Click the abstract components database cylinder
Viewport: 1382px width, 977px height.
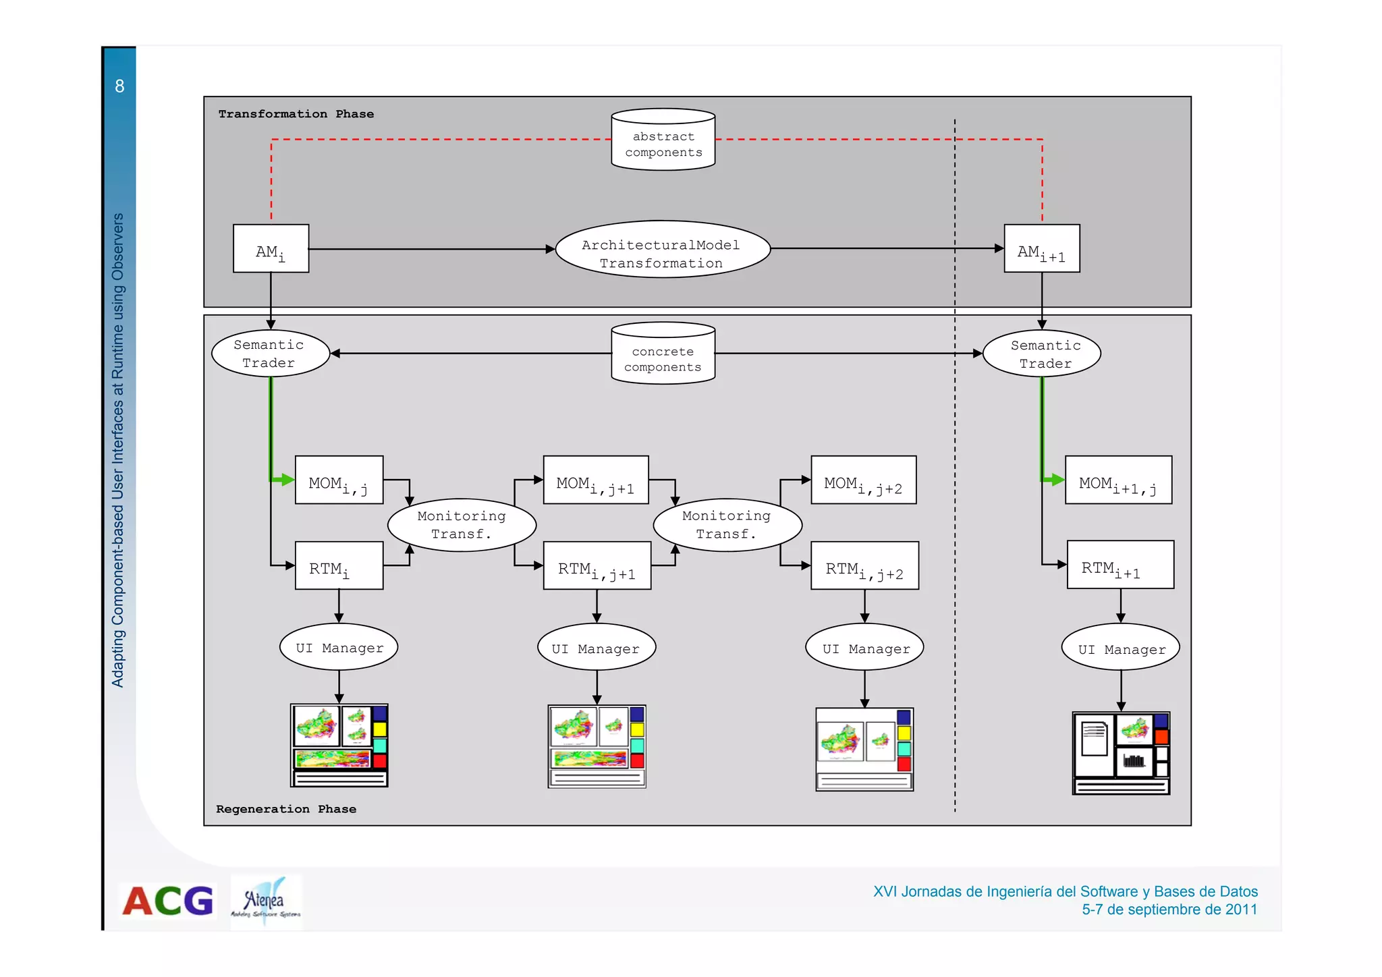[663, 140]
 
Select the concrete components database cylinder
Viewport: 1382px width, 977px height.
[663, 354]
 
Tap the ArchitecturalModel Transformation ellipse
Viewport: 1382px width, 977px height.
[662, 250]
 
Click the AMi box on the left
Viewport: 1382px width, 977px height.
[271, 249]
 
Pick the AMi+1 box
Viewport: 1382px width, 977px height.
[1041, 249]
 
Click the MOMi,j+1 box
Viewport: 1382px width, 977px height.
[595, 480]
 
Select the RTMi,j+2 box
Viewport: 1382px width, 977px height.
[864, 565]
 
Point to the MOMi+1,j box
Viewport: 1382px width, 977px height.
[1118, 480]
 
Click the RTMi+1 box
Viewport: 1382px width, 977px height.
[1120, 565]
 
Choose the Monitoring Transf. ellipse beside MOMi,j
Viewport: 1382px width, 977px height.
[462, 525]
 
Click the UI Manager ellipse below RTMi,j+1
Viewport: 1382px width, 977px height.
[596, 648]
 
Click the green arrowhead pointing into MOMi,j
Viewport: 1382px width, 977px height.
[288, 480]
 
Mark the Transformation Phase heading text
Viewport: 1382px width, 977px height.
[296, 114]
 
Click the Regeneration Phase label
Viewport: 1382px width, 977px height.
[285, 809]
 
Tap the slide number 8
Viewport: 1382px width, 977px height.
[119, 86]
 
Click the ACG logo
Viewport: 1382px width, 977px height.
[168, 901]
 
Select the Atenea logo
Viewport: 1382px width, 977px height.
[266, 901]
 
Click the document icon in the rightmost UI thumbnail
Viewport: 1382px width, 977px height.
[1093, 738]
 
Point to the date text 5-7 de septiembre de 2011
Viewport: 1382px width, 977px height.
[1169, 910]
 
